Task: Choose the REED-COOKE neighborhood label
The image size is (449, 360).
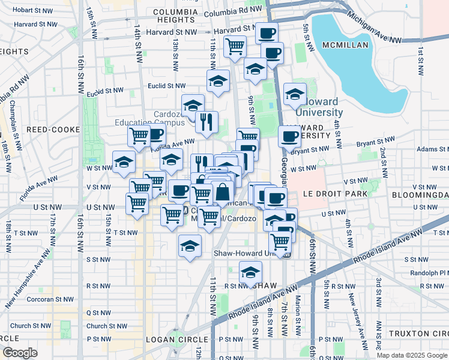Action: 49,129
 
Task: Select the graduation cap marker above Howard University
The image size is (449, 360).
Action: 295,94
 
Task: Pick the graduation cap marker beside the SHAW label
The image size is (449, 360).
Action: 250,272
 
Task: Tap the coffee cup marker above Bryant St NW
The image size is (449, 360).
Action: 289,136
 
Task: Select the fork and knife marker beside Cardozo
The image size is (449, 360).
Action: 206,122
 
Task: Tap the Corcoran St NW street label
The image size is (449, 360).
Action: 36,299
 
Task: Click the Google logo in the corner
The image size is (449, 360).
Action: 19,352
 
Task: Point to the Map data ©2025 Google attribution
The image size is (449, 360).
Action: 411,355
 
